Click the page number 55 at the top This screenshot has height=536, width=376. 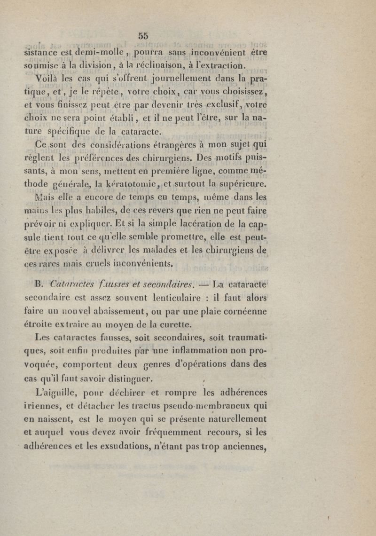click(143, 34)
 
